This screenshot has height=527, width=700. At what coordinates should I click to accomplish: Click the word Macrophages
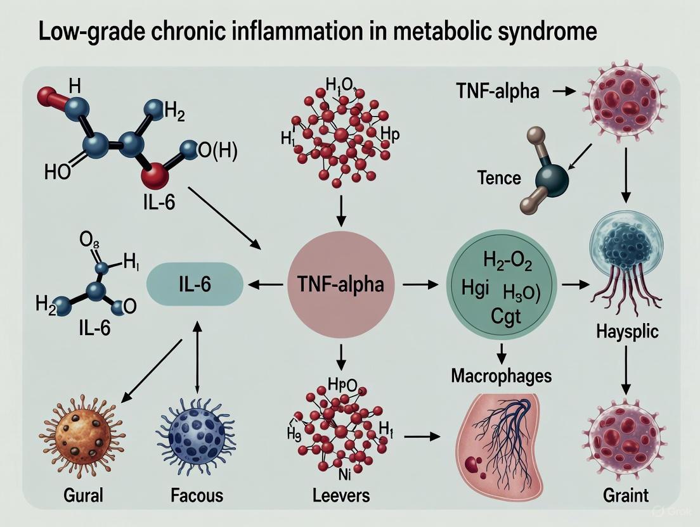point(501,376)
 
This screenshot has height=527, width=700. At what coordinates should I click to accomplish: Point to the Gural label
point(82,494)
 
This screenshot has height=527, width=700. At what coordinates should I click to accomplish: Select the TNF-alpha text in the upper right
point(497,92)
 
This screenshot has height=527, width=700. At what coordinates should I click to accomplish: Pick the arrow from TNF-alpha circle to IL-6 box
point(264,286)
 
